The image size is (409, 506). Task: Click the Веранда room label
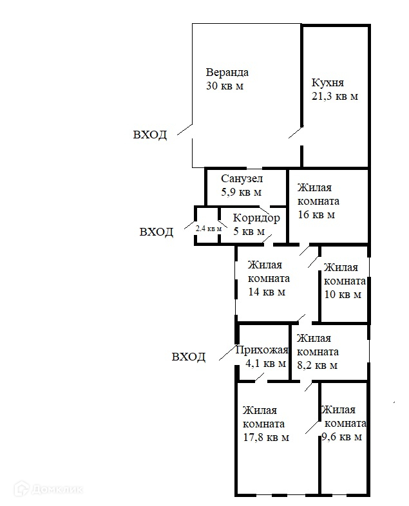(227, 72)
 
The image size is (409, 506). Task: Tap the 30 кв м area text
(224, 86)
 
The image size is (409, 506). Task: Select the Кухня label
(327, 82)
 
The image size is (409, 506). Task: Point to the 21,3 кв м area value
(334, 97)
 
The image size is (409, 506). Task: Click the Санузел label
(242, 178)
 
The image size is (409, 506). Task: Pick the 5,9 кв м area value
(241, 192)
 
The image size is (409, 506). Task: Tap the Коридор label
(256, 218)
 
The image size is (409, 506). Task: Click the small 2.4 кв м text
(209, 229)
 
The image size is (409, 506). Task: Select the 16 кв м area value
(316, 215)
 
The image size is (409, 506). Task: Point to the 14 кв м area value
(267, 292)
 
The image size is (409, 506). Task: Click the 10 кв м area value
(342, 295)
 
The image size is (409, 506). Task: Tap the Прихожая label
(262, 350)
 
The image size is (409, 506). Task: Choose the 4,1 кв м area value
(265, 364)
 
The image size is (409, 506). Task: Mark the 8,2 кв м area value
(317, 366)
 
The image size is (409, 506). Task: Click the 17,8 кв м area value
(265, 438)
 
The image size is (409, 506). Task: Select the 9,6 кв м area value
(341, 436)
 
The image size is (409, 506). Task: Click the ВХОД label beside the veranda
(149, 135)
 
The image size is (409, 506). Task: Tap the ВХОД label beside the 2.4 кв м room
(157, 232)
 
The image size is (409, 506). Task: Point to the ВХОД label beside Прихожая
(189, 357)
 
